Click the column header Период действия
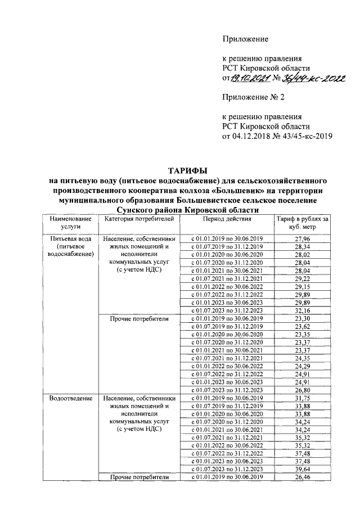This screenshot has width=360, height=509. [227, 218]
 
